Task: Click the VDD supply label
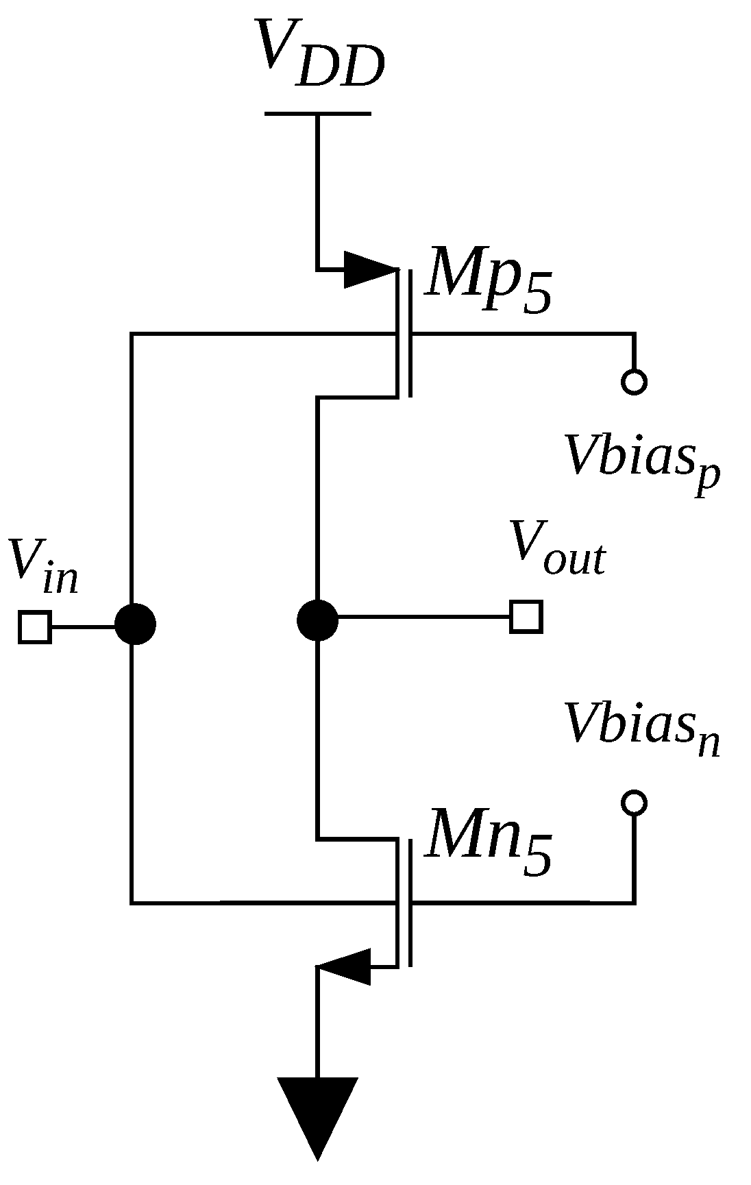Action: click(319, 55)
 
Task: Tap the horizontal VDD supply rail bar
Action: click(317, 114)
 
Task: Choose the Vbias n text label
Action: click(641, 726)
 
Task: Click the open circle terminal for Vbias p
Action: click(635, 382)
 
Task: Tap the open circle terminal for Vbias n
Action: click(635, 801)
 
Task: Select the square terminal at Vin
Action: click(34, 626)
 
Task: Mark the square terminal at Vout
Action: click(526, 616)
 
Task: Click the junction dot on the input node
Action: click(135, 624)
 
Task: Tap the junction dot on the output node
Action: click(317, 620)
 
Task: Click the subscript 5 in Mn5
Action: click(537, 857)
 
